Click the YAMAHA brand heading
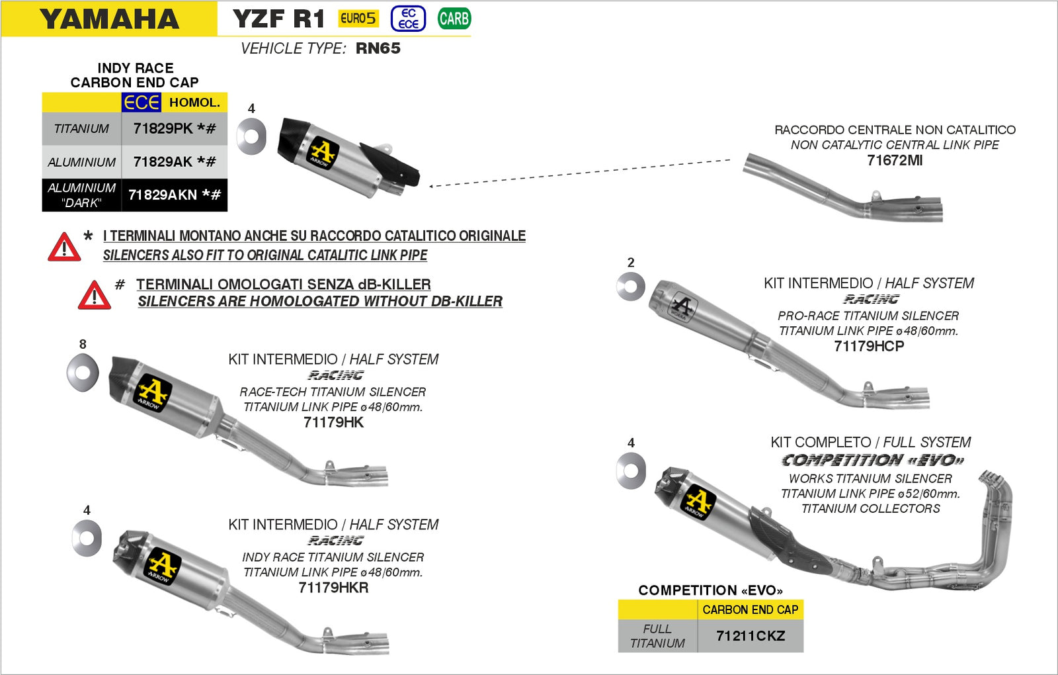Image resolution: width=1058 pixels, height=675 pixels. (x=109, y=19)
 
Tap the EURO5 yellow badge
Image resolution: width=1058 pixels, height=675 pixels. (x=358, y=19)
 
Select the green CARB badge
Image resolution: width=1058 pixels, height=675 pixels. (x=454, y=19)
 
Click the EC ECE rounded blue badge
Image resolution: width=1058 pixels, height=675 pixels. (x=408, y=19)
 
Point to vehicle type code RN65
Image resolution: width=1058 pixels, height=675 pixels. (x=378, y=48)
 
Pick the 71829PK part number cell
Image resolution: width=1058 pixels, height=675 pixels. (x=175, y=128)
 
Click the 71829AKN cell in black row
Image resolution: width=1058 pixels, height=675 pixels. (x=175, y=195)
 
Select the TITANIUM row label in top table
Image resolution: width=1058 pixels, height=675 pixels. (x=81, y=128)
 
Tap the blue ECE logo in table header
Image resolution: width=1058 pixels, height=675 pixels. (x=141, y=103)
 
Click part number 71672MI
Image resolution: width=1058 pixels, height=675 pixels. (x=894, y=160)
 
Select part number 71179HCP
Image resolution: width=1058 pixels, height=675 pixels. (x=868, y=346)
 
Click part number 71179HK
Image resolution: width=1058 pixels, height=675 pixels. (x=333, y=422)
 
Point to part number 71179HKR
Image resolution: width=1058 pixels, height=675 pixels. (x=333, y=588)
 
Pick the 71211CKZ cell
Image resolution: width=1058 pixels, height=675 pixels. (x=750, y=636)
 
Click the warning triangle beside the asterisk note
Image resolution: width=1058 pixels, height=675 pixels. (x=64, y=247)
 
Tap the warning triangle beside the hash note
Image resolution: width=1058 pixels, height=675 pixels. (x=95, y=295)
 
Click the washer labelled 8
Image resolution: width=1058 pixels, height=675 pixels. (x=83, y=373)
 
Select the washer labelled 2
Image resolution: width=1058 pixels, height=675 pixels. (x=630, y=287)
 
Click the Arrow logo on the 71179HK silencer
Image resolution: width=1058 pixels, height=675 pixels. (x=153, y=394)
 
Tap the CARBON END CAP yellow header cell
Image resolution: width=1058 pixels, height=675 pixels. (x=750, y=609)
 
